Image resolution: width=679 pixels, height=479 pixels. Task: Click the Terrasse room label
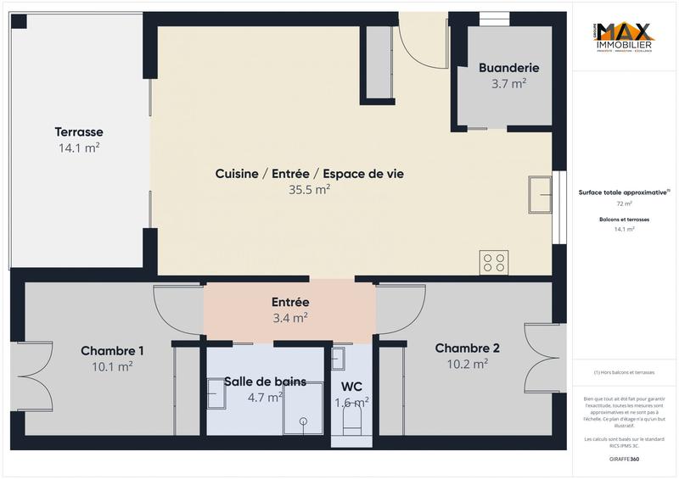pos(79,132)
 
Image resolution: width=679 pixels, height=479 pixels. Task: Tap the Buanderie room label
pos(509,68)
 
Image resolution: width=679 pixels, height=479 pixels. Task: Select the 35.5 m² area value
pos(309,190)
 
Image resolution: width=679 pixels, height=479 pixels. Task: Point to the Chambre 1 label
pos(112,351)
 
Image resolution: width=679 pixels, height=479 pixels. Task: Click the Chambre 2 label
pos(467,348)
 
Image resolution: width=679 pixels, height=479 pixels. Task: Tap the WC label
pos(351,387)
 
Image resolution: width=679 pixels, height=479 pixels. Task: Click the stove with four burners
pos(494,262)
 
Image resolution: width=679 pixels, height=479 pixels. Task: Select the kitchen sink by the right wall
pos(540,195)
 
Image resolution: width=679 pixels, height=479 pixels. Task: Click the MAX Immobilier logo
pos(625,36)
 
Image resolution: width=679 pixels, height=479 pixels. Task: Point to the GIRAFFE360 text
pos(624,459)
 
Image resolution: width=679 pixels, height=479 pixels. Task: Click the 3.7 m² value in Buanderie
pos(509,84)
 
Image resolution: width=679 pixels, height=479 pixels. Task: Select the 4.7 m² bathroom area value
pos(265,397)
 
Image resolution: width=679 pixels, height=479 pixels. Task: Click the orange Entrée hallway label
pos(290,302)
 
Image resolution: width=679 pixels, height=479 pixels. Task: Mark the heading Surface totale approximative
pos(624,192)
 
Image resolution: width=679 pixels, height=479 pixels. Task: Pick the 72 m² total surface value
pos(624,203)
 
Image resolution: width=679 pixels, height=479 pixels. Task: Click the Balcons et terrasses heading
pos(624,219)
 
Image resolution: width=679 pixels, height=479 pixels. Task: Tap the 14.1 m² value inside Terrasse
pos(79,148)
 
